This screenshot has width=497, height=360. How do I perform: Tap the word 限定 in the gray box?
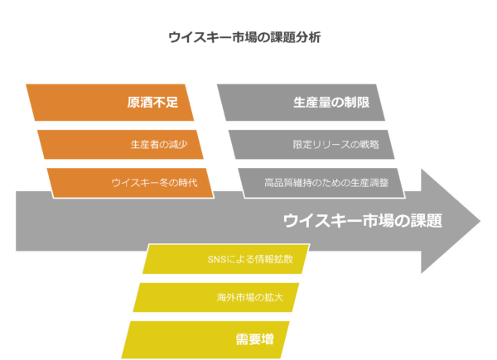pyautogui.click(x=302, y=144)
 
